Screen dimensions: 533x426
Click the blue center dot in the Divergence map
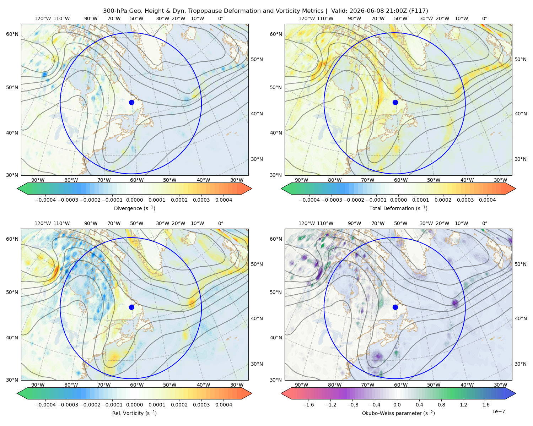point(131,103)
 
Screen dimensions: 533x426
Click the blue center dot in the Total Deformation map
point(395,103)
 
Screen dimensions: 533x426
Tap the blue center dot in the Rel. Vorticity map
point(131,307)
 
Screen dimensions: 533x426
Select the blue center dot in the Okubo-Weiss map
point(395,307)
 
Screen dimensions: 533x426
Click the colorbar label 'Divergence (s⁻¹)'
point(134,208)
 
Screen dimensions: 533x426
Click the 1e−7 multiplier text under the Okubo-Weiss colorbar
point(498,412)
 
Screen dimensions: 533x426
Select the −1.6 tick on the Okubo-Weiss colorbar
point(308,405)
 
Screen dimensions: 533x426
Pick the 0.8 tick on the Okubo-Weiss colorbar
point(441,405)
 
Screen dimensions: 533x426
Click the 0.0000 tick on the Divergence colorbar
point(134,200)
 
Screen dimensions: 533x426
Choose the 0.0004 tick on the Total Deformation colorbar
point(487,200)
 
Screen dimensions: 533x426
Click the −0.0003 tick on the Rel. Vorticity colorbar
point(68,405)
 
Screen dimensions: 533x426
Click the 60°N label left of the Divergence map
point(12,34)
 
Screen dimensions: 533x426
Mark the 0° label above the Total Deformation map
point(484,18)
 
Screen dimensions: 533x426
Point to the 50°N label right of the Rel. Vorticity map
point(257,264)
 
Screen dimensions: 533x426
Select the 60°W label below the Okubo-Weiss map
point(400,385)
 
